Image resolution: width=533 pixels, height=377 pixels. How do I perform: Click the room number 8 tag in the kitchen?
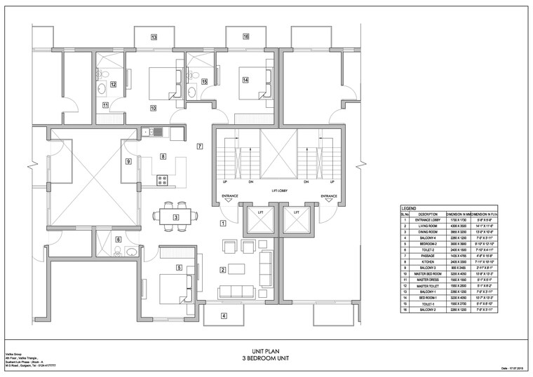(163, 156)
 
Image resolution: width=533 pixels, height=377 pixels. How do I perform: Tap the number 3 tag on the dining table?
(175, 217)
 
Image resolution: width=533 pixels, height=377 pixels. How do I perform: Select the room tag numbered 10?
(153, 108)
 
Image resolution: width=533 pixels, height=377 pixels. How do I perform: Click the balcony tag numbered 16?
(246, 36)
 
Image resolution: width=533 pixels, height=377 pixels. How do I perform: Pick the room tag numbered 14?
(245, 80)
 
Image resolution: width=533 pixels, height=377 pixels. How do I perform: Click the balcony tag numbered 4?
(224, 315)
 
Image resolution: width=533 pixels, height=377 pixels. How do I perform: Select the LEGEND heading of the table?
(410, 209)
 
